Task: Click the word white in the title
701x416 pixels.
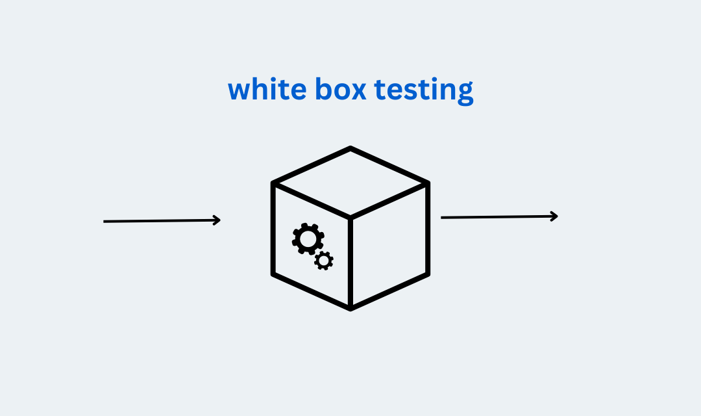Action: point(267,88)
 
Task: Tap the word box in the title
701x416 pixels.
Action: point(341,88)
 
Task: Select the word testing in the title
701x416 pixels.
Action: point(424,91)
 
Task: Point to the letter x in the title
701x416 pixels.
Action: point(357,91)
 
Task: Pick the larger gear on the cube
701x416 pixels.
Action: point(308,239)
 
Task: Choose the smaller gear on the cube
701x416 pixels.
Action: point(324,260)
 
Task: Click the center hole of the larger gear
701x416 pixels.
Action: point(308,239)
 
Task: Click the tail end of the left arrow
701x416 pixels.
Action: point(104,221)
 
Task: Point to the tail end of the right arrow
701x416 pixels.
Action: point(441,218)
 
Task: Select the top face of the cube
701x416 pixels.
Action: point(350,183)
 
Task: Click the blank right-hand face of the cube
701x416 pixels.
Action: point(389,246)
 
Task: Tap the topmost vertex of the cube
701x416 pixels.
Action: point(350,148)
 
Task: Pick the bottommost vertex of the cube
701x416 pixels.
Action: point(350,309)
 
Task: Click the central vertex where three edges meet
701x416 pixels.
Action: point(350,218)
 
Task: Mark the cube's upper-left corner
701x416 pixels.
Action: point(273,183)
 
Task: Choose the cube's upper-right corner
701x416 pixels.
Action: point(428,183)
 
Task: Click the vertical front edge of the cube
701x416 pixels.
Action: point(350,263)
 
